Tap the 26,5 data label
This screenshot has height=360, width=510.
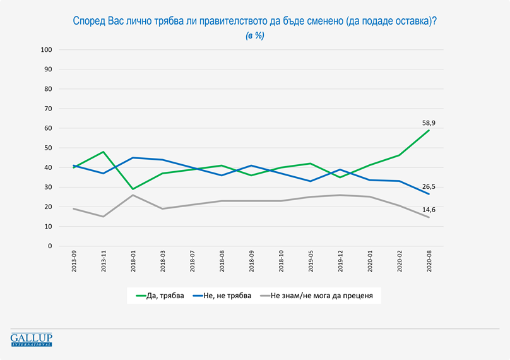[x=429, y=188]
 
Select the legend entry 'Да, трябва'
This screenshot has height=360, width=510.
[x=161, y=295]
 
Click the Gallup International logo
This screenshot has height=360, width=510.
[x=32, y=339]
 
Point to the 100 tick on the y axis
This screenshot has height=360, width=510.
[x=45, y=49]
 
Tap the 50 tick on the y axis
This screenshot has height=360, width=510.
[x=47, y=148]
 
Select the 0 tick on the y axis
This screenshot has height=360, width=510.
[x=49, y=246]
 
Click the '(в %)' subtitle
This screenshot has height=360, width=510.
[x=255, y=36]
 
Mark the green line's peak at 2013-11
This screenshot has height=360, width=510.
[x=104, y=152]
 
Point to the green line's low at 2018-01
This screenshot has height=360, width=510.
[x=133, y=189]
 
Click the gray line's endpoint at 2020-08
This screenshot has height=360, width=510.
[x=429, y=217]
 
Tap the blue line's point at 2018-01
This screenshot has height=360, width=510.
[x=133, y=157]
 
